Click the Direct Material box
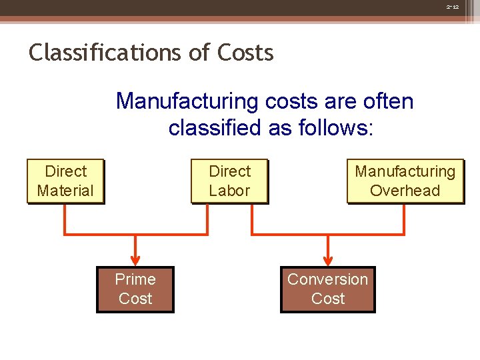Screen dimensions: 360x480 (65, 181)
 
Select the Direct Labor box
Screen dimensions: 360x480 (229, 181)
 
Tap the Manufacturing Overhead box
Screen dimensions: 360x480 (405, 181)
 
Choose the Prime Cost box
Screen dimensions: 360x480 (135, 289)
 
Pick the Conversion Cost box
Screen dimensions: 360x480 (327, 289)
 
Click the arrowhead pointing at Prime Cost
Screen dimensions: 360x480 (135, 259)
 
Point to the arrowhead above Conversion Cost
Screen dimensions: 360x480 (327, 259)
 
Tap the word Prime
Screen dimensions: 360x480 (135, 279)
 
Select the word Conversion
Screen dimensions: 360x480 (327, 279)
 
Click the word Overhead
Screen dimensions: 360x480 (405, 191)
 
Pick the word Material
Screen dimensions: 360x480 (65, 191)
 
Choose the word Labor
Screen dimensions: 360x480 (229, 191)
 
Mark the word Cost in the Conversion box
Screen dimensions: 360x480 (327, 299)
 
